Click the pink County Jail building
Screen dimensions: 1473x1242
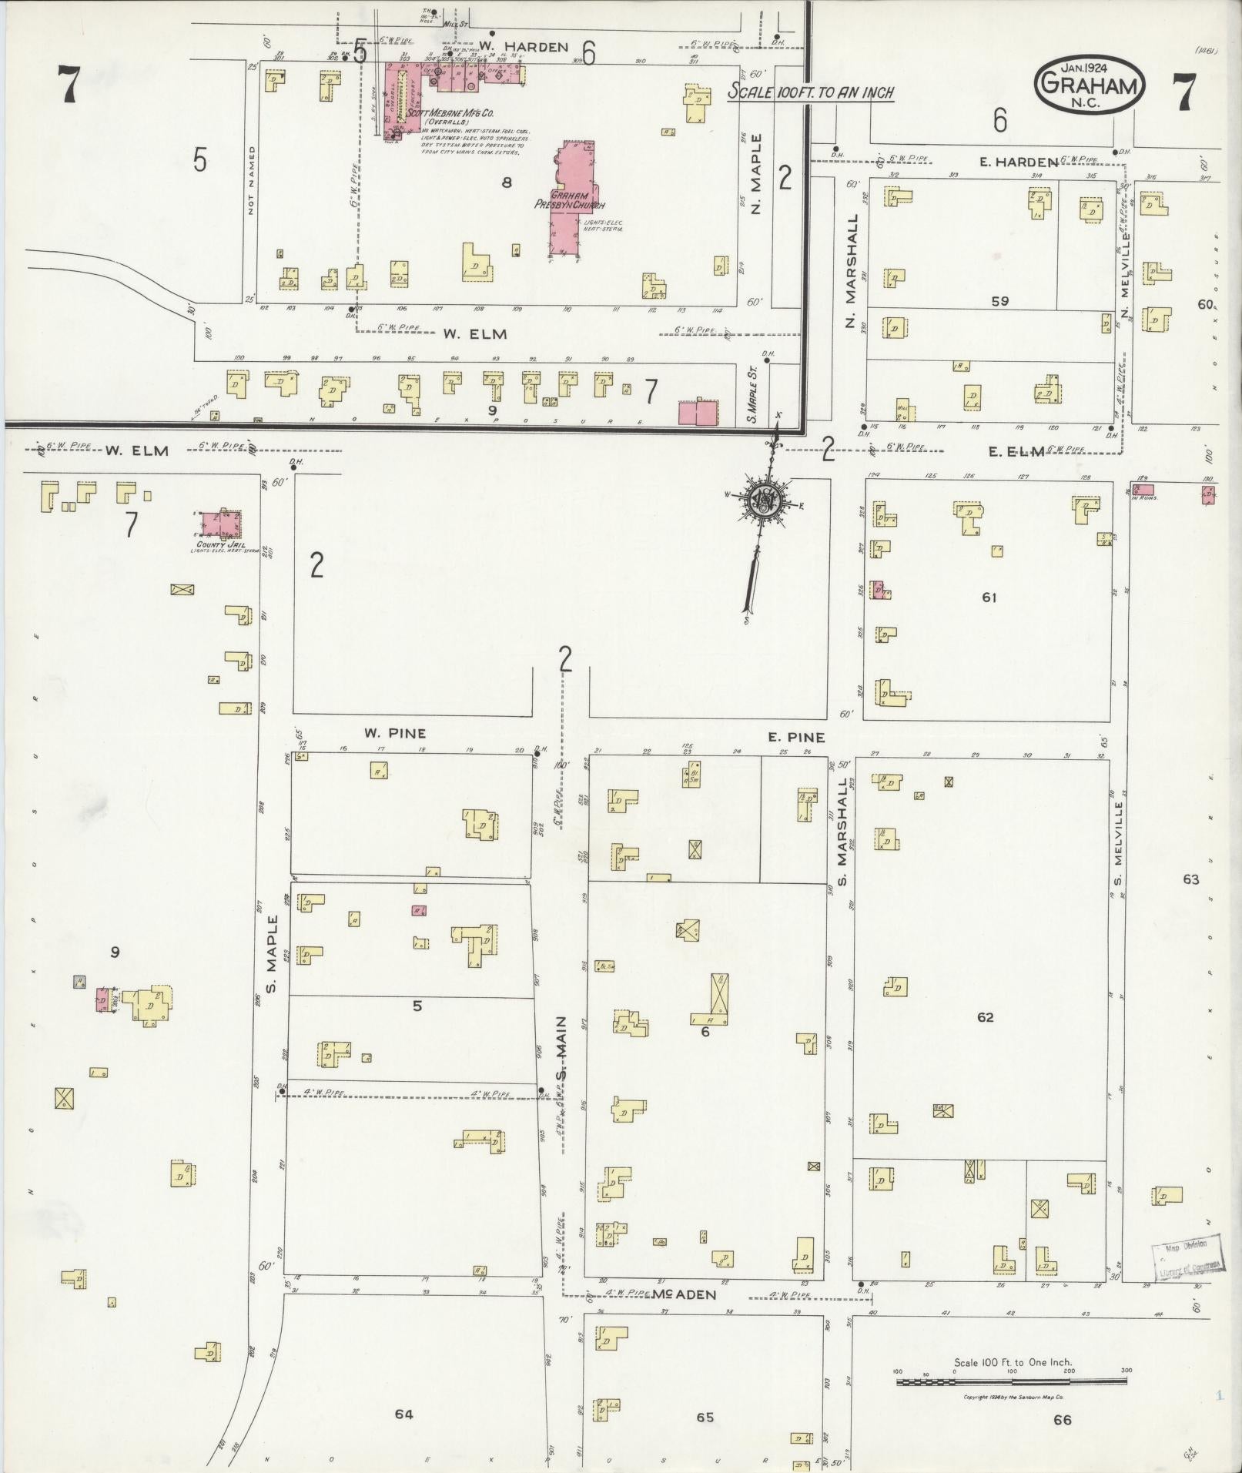pos(220,526)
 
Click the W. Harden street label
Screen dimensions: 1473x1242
pos(523,47)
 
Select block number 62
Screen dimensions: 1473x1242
pos(985,1017)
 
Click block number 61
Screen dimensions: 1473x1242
pos(989,597)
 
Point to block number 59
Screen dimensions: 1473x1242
pos(999,302)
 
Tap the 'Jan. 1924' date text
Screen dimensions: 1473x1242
pos(1089,67)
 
